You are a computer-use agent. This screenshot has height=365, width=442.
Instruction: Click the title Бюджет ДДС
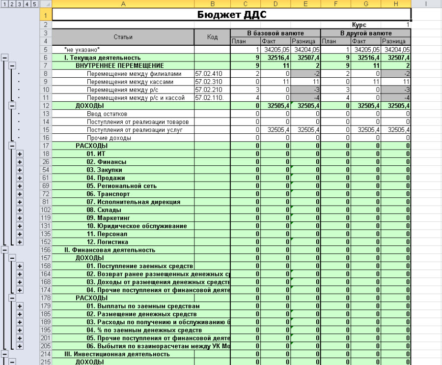(x=231, y=14)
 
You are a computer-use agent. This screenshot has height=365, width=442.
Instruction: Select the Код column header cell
(x=213, y=37)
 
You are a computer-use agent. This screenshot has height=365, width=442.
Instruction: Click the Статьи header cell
(x=123, y=37)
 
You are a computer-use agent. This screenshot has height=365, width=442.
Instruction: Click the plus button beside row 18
(x=20, y=154)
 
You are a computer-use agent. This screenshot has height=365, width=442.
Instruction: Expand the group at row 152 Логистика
(x=20, y=242)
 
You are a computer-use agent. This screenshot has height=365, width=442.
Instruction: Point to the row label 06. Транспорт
(x=107, y=194)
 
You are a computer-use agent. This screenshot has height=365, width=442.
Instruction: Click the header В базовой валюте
(x=275, y=33)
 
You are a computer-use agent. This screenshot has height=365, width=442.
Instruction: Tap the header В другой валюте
(x=365, y=33)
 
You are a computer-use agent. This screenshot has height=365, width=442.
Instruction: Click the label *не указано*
(x=82, y=50)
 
